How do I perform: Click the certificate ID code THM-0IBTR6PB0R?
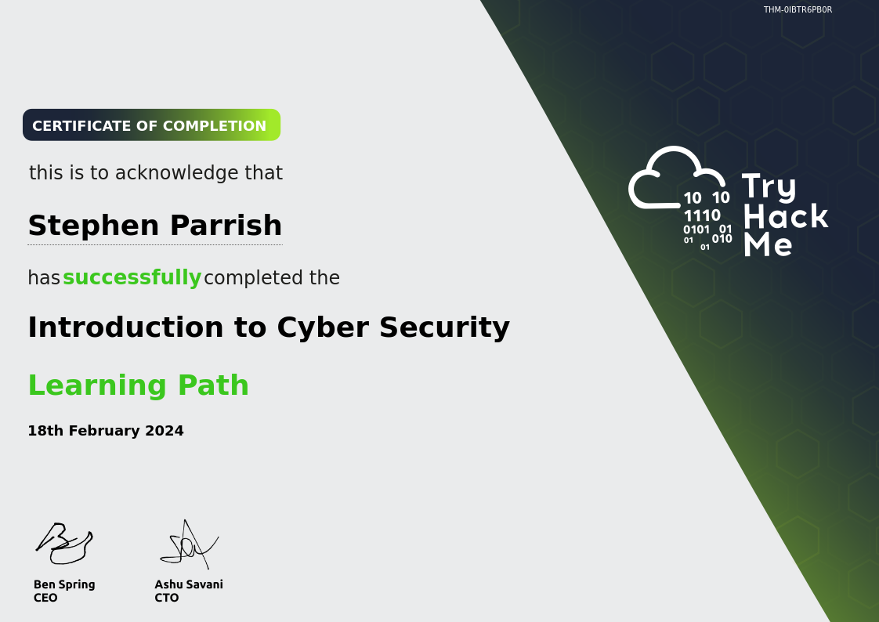click(798, 9)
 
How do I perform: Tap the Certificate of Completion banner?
click(151, 125)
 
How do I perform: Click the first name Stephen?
click(93, 226)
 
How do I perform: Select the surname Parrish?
click(226, 226)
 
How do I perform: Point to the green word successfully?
click(132, 277)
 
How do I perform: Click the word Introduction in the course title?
click(125, 327)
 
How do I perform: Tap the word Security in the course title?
click(444, 328)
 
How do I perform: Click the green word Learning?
click(98, 386)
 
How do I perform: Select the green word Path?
click(213, 385)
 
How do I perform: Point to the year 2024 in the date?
click(165, 430)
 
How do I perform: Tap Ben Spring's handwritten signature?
click(64, 544)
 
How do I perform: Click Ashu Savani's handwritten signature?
click(189, 545)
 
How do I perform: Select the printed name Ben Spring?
click(64, 584)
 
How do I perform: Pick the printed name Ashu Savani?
click(189, 584)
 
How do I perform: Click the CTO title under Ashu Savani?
click(167, 598)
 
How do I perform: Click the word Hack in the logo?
click(786, 216)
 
